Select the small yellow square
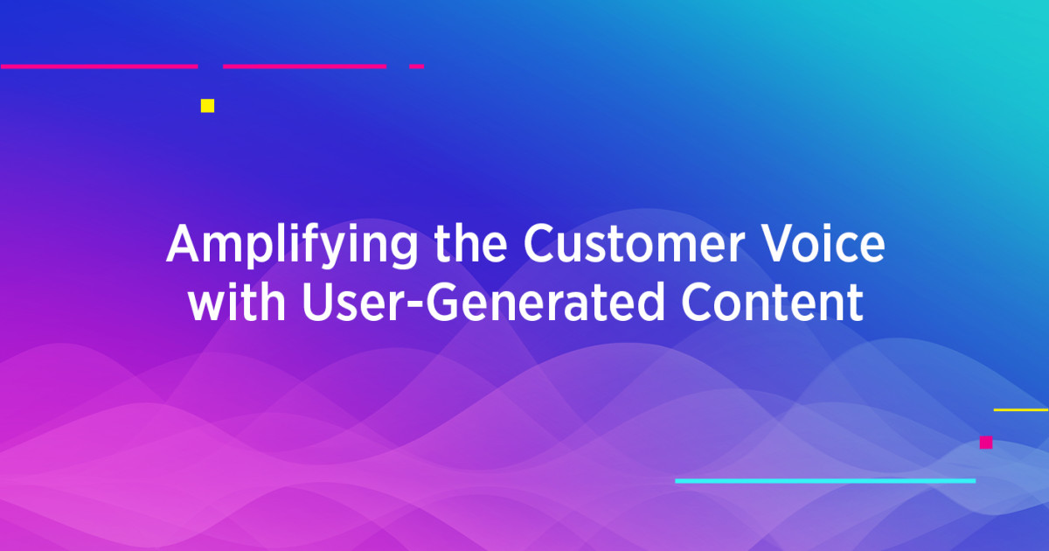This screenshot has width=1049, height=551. click(207, 106)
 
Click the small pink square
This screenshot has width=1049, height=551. click(986, 443)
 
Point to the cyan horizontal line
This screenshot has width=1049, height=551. click(824, 480)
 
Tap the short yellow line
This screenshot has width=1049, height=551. click(1021, 409)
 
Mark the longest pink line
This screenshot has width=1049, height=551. click(99, 66)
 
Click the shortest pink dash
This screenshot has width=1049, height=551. click(417, 66)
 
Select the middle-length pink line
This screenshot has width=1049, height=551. click(304, 66)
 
